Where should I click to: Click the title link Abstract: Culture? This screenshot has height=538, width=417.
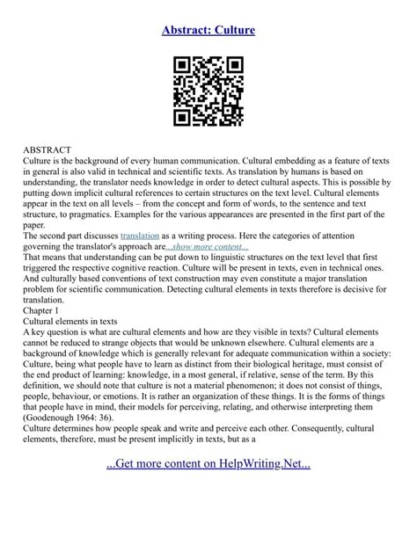click(x=208, y=30)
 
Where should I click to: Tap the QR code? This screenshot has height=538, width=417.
click(x=208, y=91)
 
